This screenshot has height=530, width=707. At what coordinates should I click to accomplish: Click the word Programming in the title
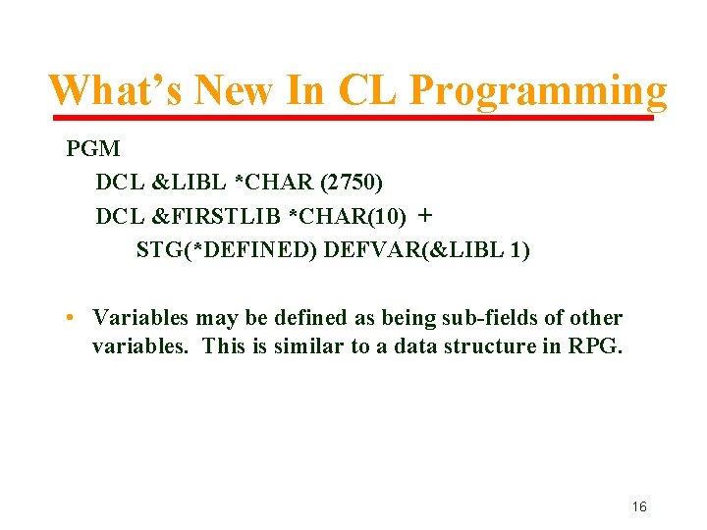pyautogui.click(x=538, y=91)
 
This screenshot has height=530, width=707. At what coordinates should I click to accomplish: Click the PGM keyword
pyautogui.click(x=93, y=149)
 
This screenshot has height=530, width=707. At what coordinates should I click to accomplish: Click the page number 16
pyautogui.click(x=639, y=507)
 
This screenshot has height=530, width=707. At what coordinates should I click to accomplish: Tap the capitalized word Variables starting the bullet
pyautogui.click(x=140, y=318)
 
